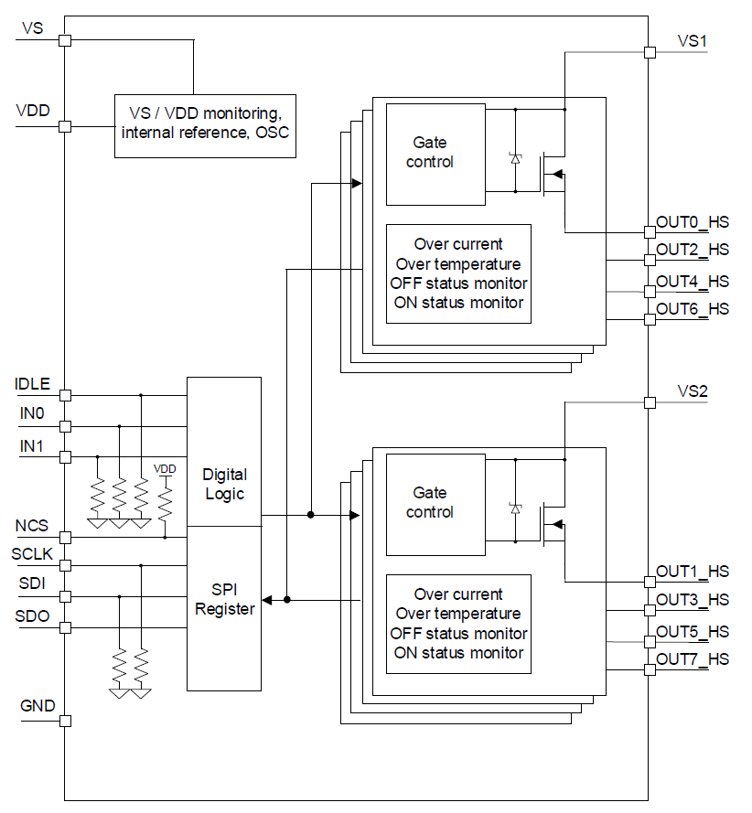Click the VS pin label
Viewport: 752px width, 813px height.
32,28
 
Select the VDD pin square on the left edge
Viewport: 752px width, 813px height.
65,126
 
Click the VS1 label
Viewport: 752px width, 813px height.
693,41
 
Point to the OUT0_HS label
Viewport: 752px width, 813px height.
693,221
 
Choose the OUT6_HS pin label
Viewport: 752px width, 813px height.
693,309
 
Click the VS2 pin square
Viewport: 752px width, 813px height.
650,402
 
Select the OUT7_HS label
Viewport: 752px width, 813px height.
693,659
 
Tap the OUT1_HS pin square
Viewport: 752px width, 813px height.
650,581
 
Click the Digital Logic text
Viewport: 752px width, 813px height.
224,485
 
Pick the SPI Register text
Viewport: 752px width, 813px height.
224,600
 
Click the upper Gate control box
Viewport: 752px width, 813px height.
435,154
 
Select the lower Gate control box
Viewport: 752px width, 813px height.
435,504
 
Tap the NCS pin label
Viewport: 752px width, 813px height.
32,526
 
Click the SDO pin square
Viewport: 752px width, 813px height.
65,627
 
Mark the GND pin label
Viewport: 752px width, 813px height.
38,706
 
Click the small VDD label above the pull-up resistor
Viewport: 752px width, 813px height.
165,469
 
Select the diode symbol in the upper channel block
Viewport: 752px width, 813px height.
515,158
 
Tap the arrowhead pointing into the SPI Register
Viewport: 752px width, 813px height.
267,600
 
